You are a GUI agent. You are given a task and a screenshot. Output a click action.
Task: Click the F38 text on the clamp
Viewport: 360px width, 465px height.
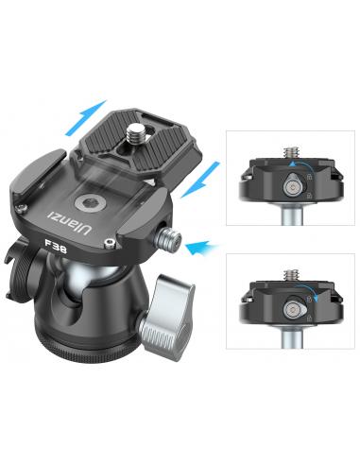[x=56, y=246]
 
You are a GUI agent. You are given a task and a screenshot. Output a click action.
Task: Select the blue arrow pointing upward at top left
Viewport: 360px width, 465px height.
[x=85, y=117]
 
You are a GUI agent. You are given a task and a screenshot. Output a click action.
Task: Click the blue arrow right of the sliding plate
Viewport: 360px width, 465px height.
[x=201, y=180]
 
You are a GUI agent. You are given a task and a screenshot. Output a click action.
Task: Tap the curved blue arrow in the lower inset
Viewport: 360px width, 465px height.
[x=307, y=290]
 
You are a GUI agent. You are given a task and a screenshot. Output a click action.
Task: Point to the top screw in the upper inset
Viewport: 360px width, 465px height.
[x=292, y=153]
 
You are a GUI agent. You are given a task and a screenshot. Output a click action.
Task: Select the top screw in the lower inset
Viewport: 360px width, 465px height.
[x=292, y=276]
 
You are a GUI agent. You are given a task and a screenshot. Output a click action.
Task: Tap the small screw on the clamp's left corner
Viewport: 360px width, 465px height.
[x=21, y=208]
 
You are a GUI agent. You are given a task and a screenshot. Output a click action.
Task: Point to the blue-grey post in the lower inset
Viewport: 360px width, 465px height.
[x=292, y=338]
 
